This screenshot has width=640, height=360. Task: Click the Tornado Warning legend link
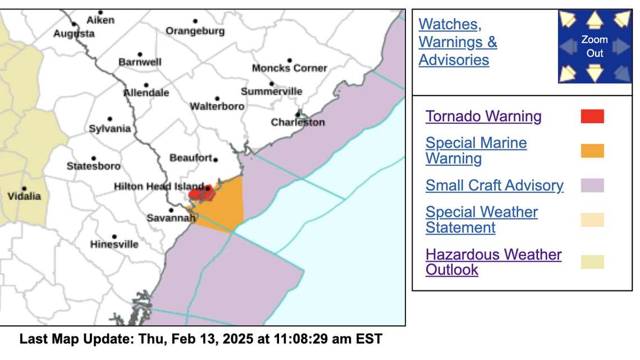tap(483, 116)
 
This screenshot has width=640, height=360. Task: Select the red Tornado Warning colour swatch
tap(592, 116)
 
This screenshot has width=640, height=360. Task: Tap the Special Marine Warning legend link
tap(476, 151)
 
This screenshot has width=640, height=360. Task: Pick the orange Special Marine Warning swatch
tap(592, 151)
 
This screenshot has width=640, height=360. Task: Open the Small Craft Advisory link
tap(494, 185)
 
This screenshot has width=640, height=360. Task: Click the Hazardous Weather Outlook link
tap(493, 262)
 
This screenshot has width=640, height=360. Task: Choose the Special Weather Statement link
tap(481, 220)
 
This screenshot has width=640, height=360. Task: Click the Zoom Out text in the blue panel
tap(595, 47)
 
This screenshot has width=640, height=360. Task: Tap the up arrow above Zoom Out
tap(595, 20)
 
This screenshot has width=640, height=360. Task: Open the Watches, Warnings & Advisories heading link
tap(458, 42)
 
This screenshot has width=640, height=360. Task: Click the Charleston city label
tap(298, 122)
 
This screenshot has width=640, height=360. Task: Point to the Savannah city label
tap(171, 218)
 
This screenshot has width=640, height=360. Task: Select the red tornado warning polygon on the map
tap(200, 194)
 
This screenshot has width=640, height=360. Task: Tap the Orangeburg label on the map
tap(195, 31)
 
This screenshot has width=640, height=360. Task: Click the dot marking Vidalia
tap(24, 189)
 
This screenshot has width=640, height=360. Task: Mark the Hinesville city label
tap(114, 245)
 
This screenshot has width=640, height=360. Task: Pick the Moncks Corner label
tap(289, 69)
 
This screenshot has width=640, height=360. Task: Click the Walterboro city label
tap(217, 106)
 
